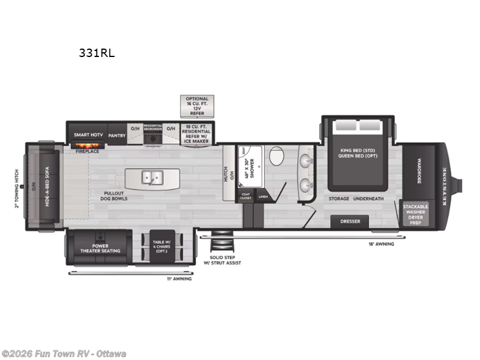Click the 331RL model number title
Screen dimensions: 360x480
pyautogui.click(x=96, y=53)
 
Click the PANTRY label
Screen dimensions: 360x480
pyautogui.click(x=117, y=136)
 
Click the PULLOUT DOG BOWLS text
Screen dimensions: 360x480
pyautogui.click(x=114, y=196)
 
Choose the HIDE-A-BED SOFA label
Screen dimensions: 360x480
pyautogui.click(x=48, y=186)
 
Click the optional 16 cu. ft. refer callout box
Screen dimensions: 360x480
pyautogui.click(x=197, y=105)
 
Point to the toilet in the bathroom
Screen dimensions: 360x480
pyautogui.click(x=277, y=157)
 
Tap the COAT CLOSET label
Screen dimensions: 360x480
pyautogui.click(x=245, y=196)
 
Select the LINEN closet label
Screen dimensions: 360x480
pyautogui.click(x=263, y=196)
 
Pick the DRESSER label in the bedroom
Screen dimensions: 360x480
pyautogui.click(x=350, y=221)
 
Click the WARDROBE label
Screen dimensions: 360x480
pyautogui.click(x=415, y=170)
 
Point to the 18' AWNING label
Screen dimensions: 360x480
pyautogui.click(x=381, y=244)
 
